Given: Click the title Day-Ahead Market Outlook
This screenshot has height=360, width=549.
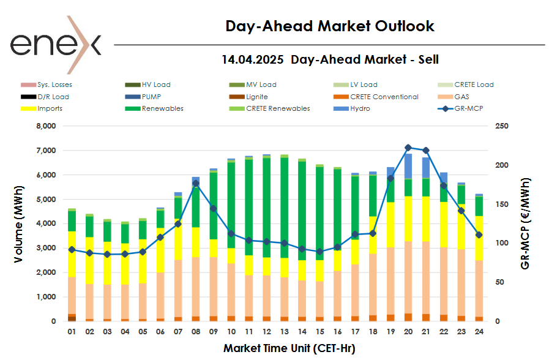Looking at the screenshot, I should coord(330,26).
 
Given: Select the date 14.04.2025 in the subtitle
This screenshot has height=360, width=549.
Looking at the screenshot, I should coord(252,59).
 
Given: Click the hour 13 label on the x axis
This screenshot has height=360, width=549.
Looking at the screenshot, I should coord(284,331).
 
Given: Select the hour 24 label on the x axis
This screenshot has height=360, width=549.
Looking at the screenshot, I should coord(479,331).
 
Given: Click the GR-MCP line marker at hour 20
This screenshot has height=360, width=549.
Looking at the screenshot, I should coord(408,148).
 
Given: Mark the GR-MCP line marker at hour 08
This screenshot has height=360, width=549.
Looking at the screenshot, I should coord(196,183).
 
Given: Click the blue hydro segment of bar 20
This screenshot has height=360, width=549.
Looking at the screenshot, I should coord(408,166).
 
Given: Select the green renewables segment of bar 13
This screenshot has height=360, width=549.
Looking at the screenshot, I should coord(284,208).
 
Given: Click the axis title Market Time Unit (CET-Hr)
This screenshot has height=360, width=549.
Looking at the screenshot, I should coord(289,348).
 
